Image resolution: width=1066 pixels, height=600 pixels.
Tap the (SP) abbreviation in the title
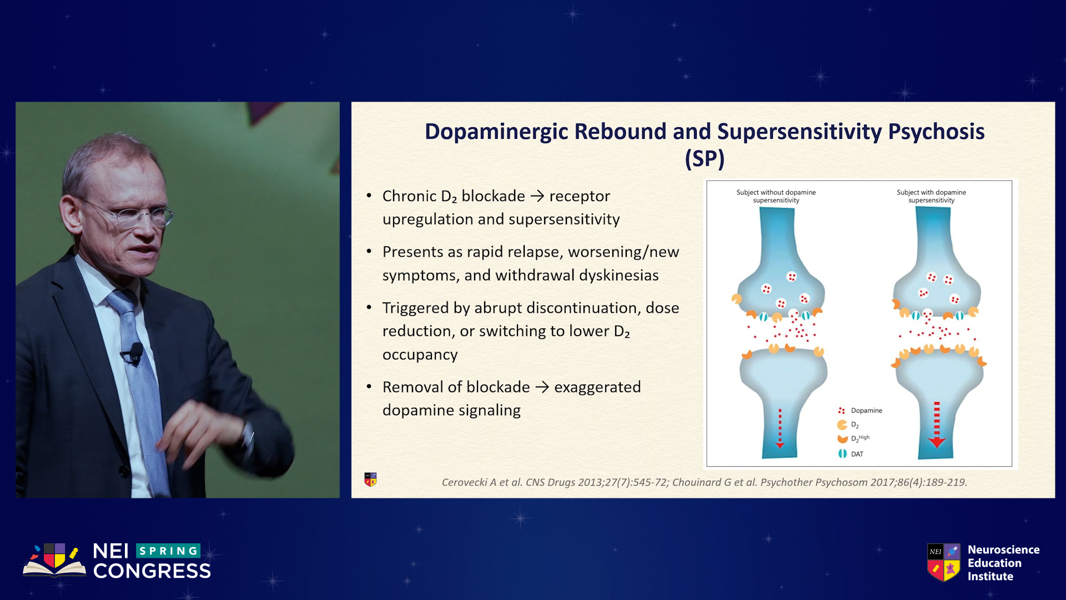click(705, 159)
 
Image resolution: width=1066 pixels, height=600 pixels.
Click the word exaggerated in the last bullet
click(597, 387)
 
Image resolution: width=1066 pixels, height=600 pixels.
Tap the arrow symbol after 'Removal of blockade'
click(542, 387)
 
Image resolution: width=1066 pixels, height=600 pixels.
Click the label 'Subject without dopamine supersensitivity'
click(776, 196)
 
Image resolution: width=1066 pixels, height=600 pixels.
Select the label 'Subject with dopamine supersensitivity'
click(931, 196)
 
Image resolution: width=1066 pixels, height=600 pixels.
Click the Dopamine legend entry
click(860, 411)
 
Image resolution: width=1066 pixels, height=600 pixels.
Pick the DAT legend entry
click(851, 454)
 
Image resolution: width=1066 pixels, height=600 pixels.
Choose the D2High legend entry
click(853, 438)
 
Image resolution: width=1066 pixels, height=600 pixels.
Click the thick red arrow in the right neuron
click(937, 425)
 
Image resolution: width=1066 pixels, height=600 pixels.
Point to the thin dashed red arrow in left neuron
click(780, 429)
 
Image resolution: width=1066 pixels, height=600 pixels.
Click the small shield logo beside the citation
click(370, 479)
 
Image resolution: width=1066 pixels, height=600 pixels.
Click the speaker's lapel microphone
click(135, 353)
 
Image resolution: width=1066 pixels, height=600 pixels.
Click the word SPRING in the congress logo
click(168, 551)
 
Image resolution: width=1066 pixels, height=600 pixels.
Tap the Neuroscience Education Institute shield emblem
click(943, 562)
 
